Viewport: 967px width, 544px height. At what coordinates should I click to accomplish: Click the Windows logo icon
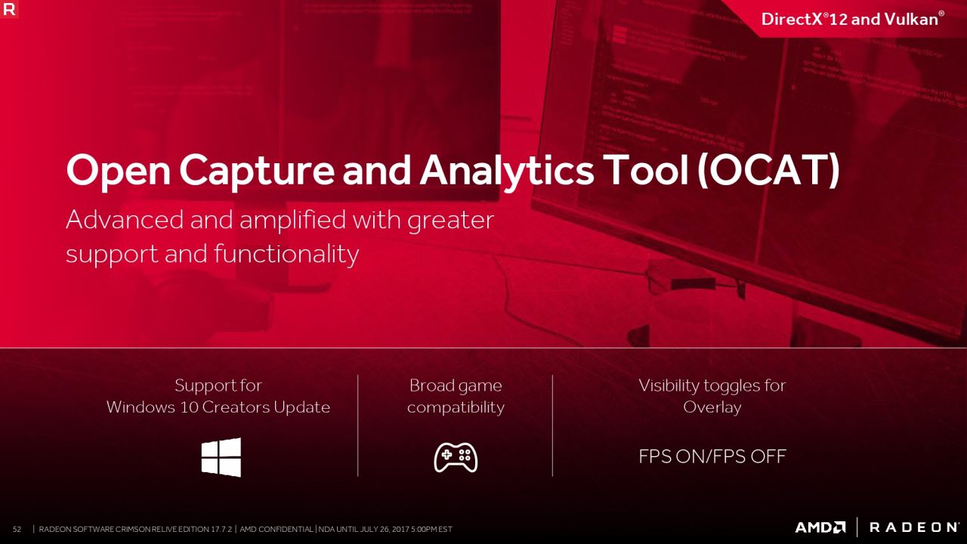(221, 457)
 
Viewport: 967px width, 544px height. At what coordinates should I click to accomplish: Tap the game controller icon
(456, 457)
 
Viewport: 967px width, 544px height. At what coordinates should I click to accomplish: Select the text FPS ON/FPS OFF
(712, 456)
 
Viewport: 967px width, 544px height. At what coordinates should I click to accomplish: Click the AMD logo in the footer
(820, 527)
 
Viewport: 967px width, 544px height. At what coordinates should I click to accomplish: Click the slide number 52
(17, 529)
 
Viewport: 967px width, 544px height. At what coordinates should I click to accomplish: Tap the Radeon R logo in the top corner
(9, 9)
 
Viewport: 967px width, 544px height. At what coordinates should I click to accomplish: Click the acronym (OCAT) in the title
(769, 170)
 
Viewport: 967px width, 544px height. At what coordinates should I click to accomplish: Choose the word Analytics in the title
(507, 172)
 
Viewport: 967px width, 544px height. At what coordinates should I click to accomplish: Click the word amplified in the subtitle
(292, 220)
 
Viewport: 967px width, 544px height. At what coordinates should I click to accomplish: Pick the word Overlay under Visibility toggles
(712, 407)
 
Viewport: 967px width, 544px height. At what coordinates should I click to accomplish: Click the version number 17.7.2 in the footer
(221, 529)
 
